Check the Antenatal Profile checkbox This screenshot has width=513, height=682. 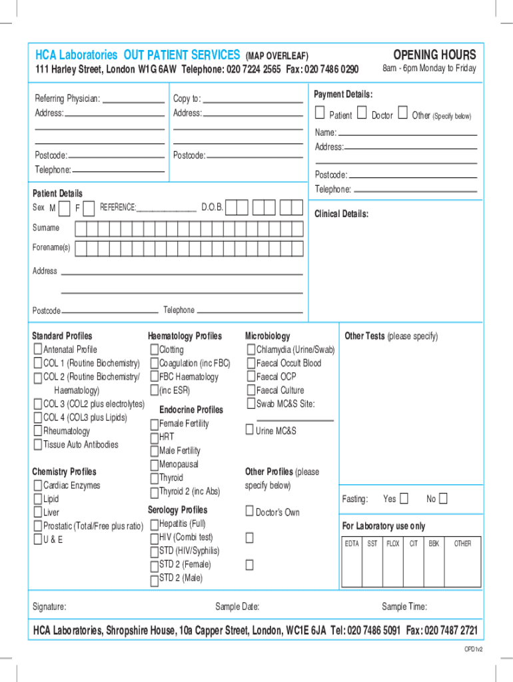pos(38,350)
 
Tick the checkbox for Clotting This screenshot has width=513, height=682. pos(154,350)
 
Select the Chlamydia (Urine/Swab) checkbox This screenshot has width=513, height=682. pos(251,350)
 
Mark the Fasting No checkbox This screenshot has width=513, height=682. pos(443,499)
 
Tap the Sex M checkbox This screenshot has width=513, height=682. pos(64,209)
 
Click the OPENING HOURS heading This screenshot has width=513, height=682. pos(434,55)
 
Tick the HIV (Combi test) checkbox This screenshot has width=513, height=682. pos(154,537)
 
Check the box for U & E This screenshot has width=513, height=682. pos(38,539)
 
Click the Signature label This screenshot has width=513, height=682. pos(49,607)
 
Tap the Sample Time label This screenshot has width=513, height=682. pos(404,607)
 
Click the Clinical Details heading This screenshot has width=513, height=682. pos(341,214)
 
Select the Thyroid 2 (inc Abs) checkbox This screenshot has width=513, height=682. pos(154,492)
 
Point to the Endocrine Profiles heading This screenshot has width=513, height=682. pos(191,410)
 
